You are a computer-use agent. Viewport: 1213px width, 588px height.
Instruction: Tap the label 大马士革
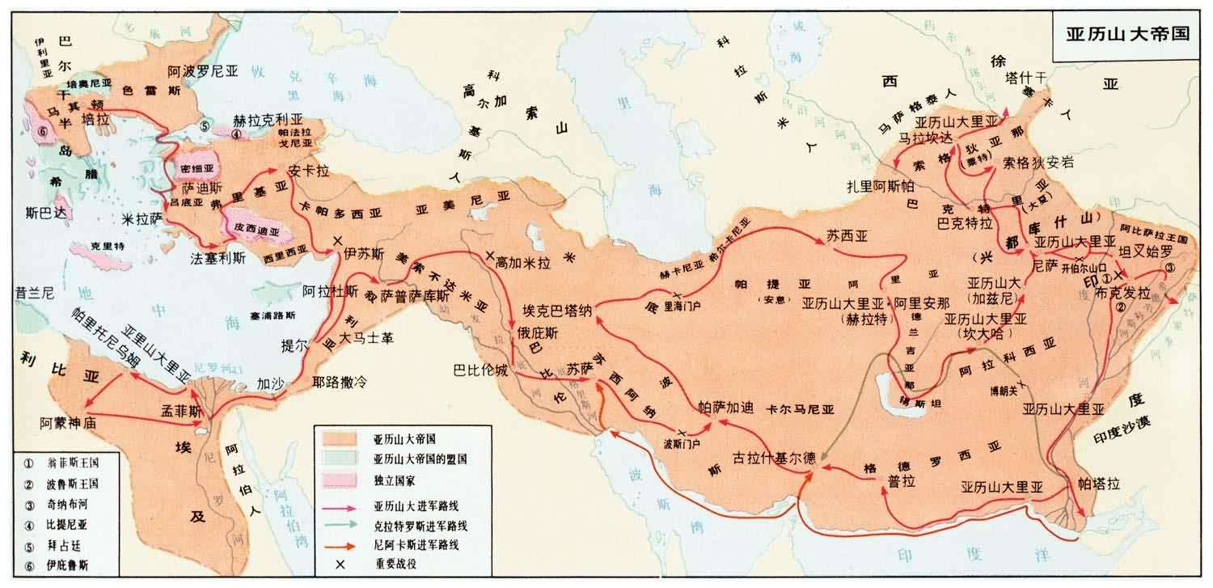pos(366,337)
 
